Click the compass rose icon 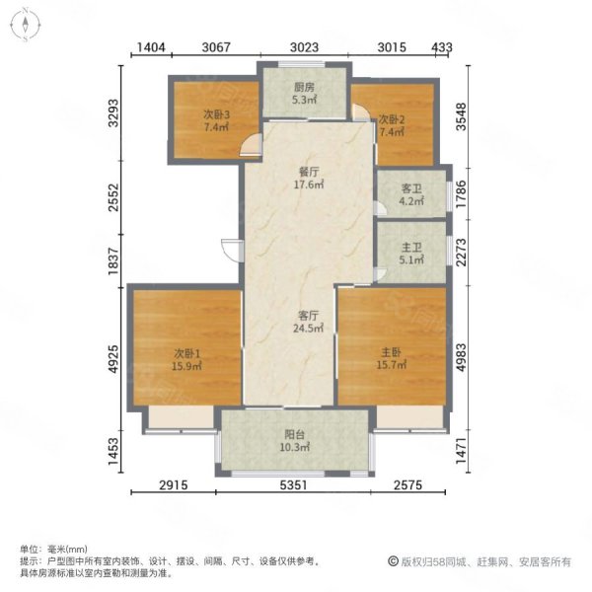pos(25,25)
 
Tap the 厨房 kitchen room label pos(304,88)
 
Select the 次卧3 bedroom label pos(217,114)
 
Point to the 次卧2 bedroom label pos(392,120)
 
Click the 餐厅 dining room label pos(309,172)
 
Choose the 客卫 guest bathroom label pos(411,188)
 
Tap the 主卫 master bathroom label pos(411,248)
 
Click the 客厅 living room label pos(308,316)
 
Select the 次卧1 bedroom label pos(186,354)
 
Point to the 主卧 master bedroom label pos(391,352)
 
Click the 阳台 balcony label pos(294,435)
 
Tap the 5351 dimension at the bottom pos(293,485)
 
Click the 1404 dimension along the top pos(151,47)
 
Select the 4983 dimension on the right pos(461,357)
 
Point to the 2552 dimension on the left pos(113,197)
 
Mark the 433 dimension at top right pos(442,47)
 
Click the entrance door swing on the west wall pos(231,250)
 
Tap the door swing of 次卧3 pos(251,145)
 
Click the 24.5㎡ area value pos(308,329)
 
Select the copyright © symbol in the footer pos(393,561)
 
